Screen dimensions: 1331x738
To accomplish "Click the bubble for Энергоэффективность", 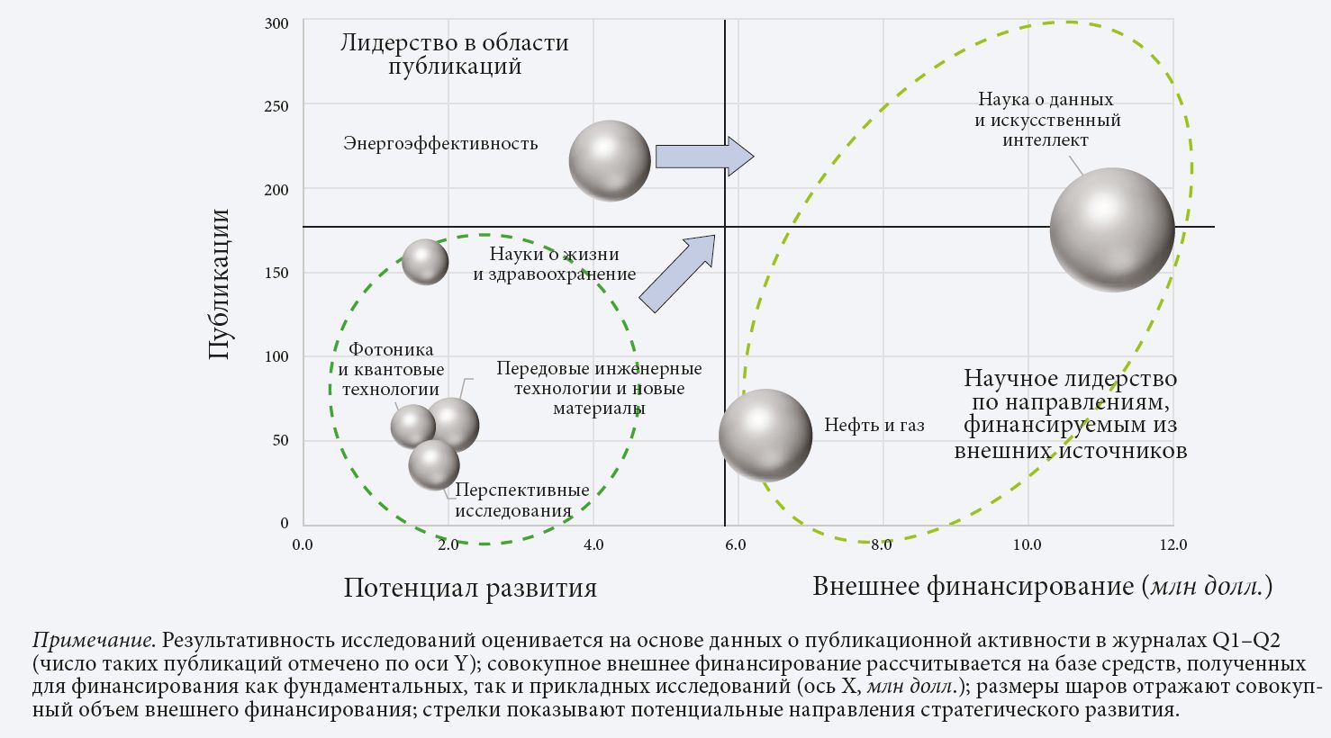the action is click(610, 160).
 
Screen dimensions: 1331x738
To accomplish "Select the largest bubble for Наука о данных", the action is click(1112, 229).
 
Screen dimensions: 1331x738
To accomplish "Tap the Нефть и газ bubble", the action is click(765, 436).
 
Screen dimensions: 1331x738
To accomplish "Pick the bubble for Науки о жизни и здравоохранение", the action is click(425, 262).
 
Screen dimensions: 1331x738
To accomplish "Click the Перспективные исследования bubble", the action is click(434, 464).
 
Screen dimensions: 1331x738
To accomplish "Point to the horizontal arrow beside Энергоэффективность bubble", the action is click(705, 157).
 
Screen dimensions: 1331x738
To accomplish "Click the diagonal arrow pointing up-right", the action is click(677, 273).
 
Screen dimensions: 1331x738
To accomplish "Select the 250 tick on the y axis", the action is click(276, 106).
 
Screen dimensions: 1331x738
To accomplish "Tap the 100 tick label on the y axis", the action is click(276, 356).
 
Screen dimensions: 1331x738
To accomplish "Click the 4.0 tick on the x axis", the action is click(593, 544).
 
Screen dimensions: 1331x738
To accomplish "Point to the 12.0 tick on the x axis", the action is click(1173, 544).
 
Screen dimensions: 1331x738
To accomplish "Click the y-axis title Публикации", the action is click(219, 283).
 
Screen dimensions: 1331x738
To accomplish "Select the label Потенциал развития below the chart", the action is click(470, 588).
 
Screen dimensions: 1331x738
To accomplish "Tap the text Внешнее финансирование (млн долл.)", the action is click(1042, 587).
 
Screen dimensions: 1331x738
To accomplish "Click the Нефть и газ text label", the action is click(874, 425).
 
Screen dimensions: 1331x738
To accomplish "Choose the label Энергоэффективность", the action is click(440, 143).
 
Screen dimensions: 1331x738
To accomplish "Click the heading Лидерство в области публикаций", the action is click(455, 53).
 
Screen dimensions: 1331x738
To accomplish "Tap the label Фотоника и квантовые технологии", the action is click(391, 369).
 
